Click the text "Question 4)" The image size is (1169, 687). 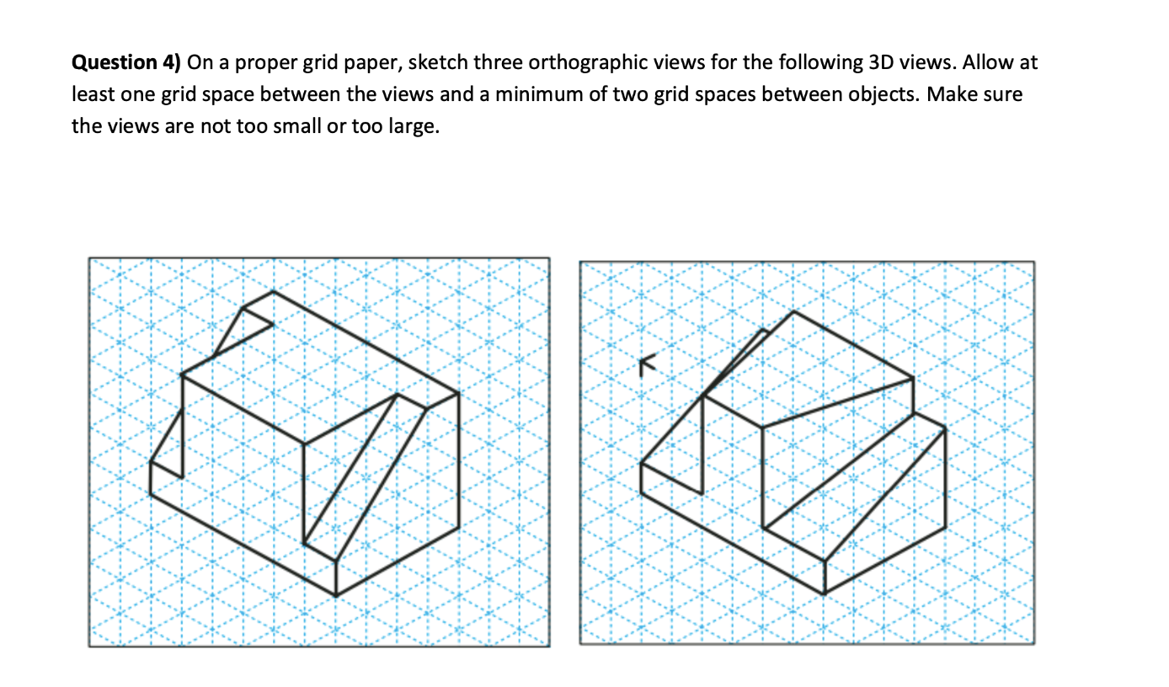[126, 63]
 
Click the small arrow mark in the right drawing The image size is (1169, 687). [646, 363]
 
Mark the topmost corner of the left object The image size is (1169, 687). [273, 292]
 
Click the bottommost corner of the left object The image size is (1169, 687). [336, 595]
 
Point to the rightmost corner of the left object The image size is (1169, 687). [458, 393]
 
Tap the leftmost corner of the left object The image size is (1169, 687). [152, 462]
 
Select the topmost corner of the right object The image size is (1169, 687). [793, 312]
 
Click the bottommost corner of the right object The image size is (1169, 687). [824, 594]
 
